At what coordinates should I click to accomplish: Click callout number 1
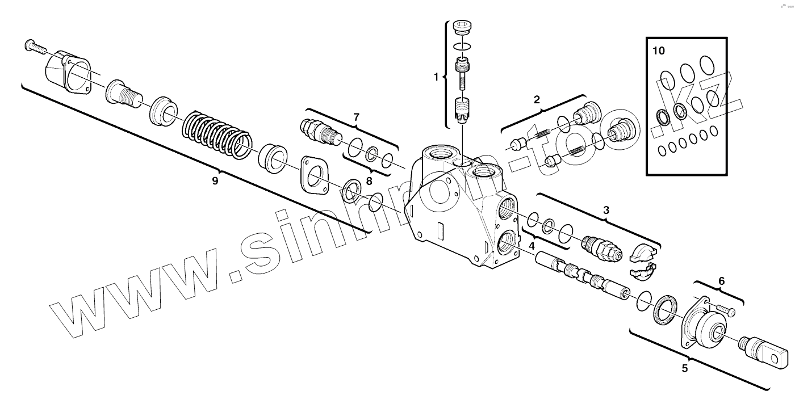coord(436,77)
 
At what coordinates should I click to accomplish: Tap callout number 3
coord(606,210)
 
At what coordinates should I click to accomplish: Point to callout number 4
coord(532,246)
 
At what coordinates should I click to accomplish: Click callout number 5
coord(685,368)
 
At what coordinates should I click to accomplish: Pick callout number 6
coord(722,280)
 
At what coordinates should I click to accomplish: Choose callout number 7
coord(356,117)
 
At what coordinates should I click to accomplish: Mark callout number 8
coord(369,181)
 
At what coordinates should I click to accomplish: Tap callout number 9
coord(215,180)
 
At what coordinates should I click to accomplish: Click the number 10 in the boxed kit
coord(658,51)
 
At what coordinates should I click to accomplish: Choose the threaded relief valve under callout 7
coord(319,130)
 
